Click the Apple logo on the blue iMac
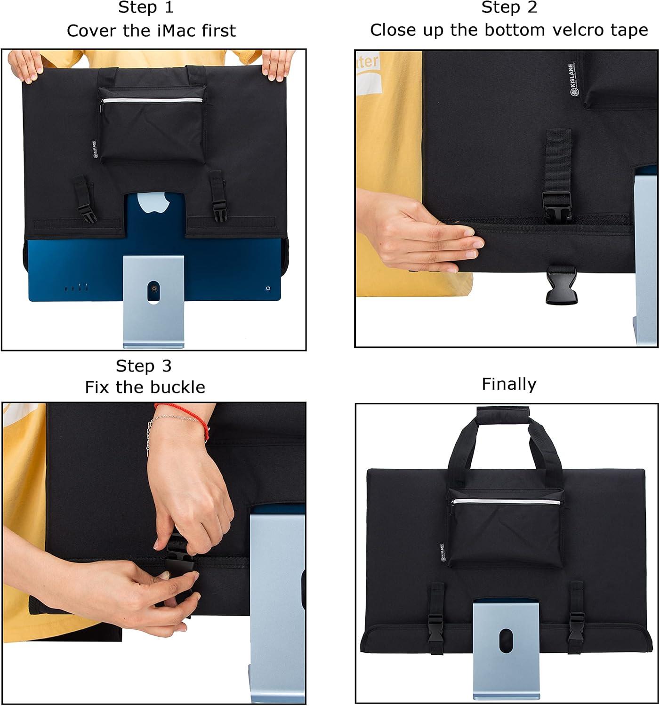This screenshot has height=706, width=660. click(153, 202)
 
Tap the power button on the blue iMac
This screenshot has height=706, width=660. click(268, 289)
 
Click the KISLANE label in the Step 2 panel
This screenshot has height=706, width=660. click(571, 80)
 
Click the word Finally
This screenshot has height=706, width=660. click(509, 385)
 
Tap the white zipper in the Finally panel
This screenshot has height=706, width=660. click(506, 502)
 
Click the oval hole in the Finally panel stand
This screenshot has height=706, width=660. click(506, 641)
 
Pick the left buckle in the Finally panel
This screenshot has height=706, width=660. click(435, 628)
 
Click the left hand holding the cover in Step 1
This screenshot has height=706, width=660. click(25, 66)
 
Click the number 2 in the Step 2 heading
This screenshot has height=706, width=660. click(532, 8)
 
